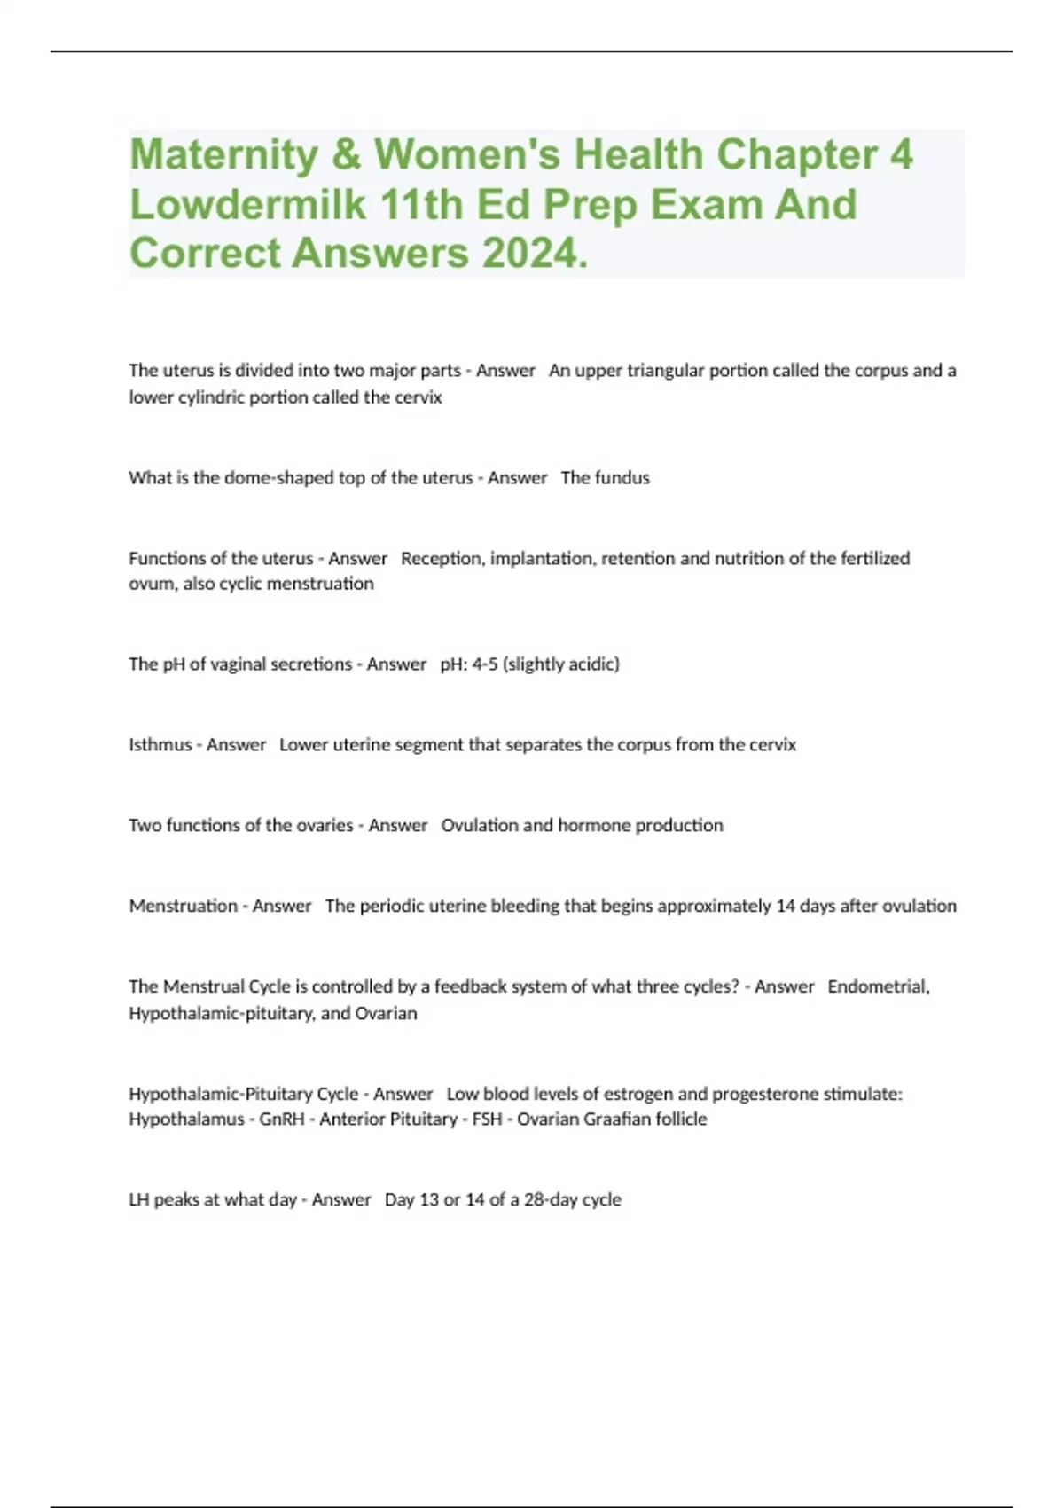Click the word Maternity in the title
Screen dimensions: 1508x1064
(224, 155)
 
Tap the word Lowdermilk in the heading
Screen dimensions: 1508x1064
(247, 205)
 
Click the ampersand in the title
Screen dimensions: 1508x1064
(346, 155)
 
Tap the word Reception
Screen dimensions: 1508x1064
(442, 559)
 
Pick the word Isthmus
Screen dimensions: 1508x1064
(160, 745)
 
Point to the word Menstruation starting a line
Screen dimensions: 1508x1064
(183, 907)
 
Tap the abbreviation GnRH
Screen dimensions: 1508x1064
(282, 1119)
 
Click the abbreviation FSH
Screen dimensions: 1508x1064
(487, 1119)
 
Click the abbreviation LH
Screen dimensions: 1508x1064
(138, 1200)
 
